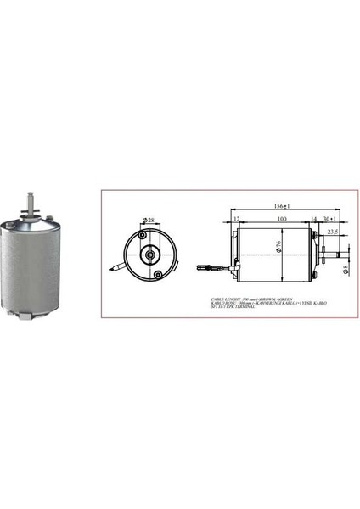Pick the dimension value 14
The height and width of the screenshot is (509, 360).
[313, 219]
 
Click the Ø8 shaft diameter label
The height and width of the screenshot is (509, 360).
[345, 269]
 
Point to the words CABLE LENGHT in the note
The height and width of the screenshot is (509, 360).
[226, 299]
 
